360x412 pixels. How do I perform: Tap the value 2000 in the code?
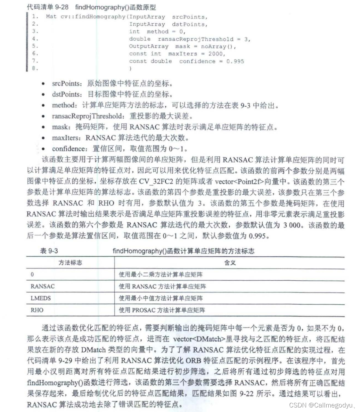(x=216, y=54)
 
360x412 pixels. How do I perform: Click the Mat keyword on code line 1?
(x=51, y=16)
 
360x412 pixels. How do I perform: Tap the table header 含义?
(x=230, y=263)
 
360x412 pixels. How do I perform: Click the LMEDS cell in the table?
(x=41, y=298)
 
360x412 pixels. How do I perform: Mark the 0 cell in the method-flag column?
(x=32, y=275)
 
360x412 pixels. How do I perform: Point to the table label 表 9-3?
(x=49, y=251)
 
